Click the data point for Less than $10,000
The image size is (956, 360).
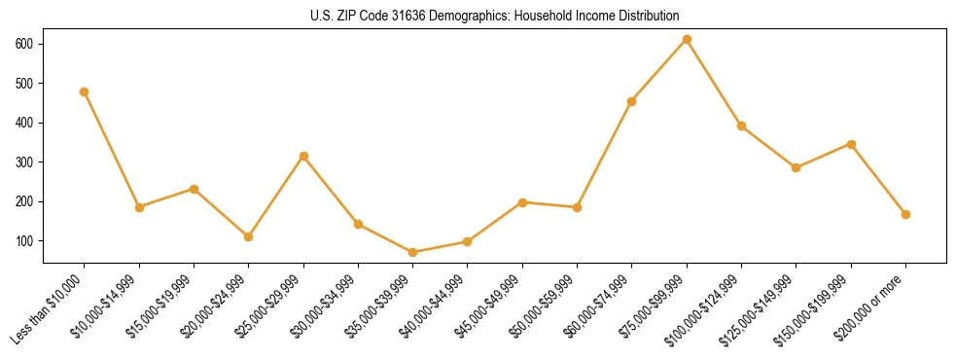tap(85, 91)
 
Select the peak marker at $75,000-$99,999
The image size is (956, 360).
tap(687, 39)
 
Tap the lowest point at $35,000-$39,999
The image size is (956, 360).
tap(413, 252)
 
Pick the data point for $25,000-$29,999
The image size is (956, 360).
tap(303, 156)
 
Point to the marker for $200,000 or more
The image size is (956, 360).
tap(905, 214)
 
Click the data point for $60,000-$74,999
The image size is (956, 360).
tap(632, 101)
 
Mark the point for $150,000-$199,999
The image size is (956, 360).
tap(851, 144)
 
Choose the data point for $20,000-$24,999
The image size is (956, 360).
tap(249, 236)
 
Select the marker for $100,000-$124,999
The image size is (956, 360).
tap(741, 126)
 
